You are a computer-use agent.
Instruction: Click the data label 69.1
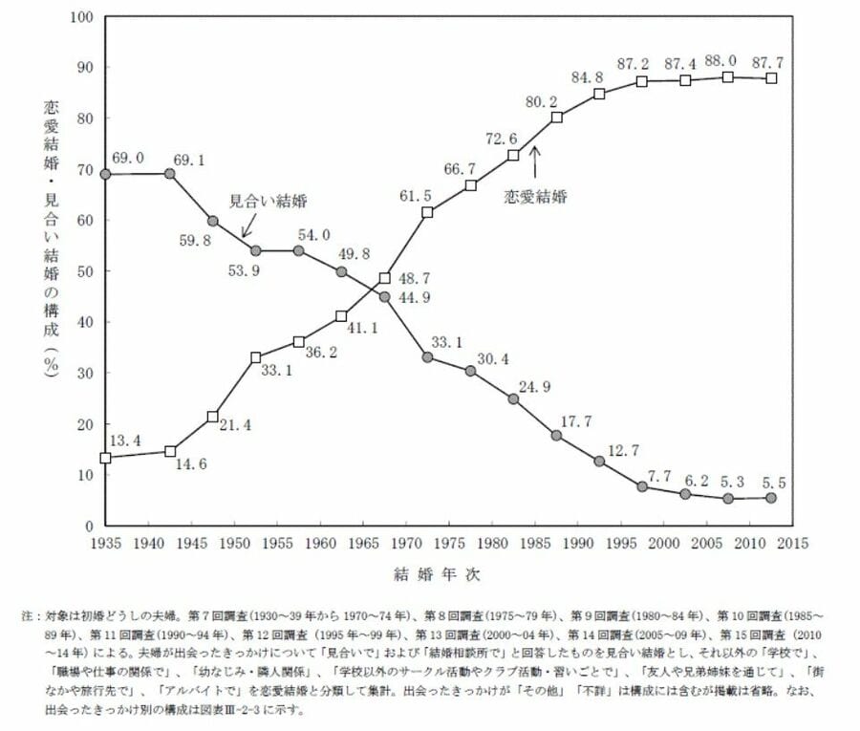tap(187, 160)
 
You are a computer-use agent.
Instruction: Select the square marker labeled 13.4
tap(105, 458)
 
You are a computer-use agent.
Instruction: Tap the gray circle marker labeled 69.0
tap(105, 175)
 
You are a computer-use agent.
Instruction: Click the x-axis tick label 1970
tap(407, 543)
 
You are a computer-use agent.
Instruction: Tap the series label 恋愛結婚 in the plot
tap(536, 197)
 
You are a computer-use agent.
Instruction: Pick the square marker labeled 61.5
tap(427, 211)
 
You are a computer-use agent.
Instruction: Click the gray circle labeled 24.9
tap(513, 398)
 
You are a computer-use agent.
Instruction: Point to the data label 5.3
tap(728, 481)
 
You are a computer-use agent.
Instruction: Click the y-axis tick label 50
tap(85, 271)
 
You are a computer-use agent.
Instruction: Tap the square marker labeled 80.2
tap(556, 118)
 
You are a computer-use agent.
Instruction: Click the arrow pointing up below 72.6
tap(535, 161)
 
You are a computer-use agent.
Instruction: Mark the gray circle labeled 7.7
tap(642, 486)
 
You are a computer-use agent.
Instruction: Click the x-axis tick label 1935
tap(105, 543)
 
